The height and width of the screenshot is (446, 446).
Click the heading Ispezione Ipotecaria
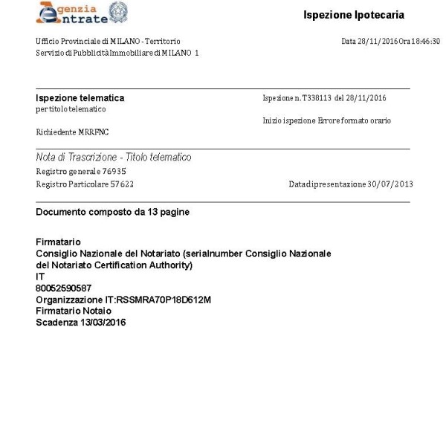tap(354, 16)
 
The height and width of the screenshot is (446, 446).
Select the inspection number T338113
tap(306, 98)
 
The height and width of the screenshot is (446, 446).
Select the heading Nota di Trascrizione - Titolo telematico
tap(113, 158)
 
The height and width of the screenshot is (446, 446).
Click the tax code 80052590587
tap(64, 288)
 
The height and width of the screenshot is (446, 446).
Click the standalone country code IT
tap(40, 277)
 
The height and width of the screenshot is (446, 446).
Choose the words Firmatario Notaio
tap(74, 311)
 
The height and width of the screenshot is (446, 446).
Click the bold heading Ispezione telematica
tap(80, 98)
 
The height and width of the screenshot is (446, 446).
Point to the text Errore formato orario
tap(355, 120)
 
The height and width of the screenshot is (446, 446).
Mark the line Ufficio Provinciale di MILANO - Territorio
tap(108, 41)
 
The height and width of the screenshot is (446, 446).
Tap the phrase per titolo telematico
tap(71, 109)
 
